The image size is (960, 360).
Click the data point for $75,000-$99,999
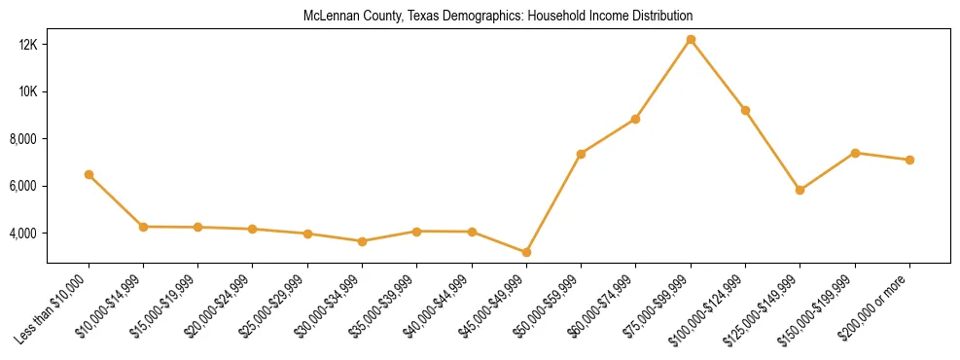click(x=691, y=40)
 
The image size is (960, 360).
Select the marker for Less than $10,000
click(x=89, y=175)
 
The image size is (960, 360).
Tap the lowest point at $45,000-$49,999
click(x=526, y=253)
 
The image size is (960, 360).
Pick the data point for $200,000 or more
click(x=909, y=160)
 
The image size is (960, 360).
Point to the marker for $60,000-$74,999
click(x=635, y=119)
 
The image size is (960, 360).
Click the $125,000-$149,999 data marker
click(x=800, y=190)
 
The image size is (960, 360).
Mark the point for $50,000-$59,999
click(x=581, y=154)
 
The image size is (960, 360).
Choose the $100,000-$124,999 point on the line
click(x=745, y=110)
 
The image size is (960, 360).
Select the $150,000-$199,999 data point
click(x=855, y=153)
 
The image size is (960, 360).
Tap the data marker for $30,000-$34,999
click(x=362, y=241)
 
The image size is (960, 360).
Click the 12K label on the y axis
click(x=26, y=45)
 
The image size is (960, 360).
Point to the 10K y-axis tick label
click(x=26, y=91)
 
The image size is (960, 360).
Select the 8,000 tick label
click(x=22, y=139)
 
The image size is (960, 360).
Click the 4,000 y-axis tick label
click(x=22, y=234)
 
